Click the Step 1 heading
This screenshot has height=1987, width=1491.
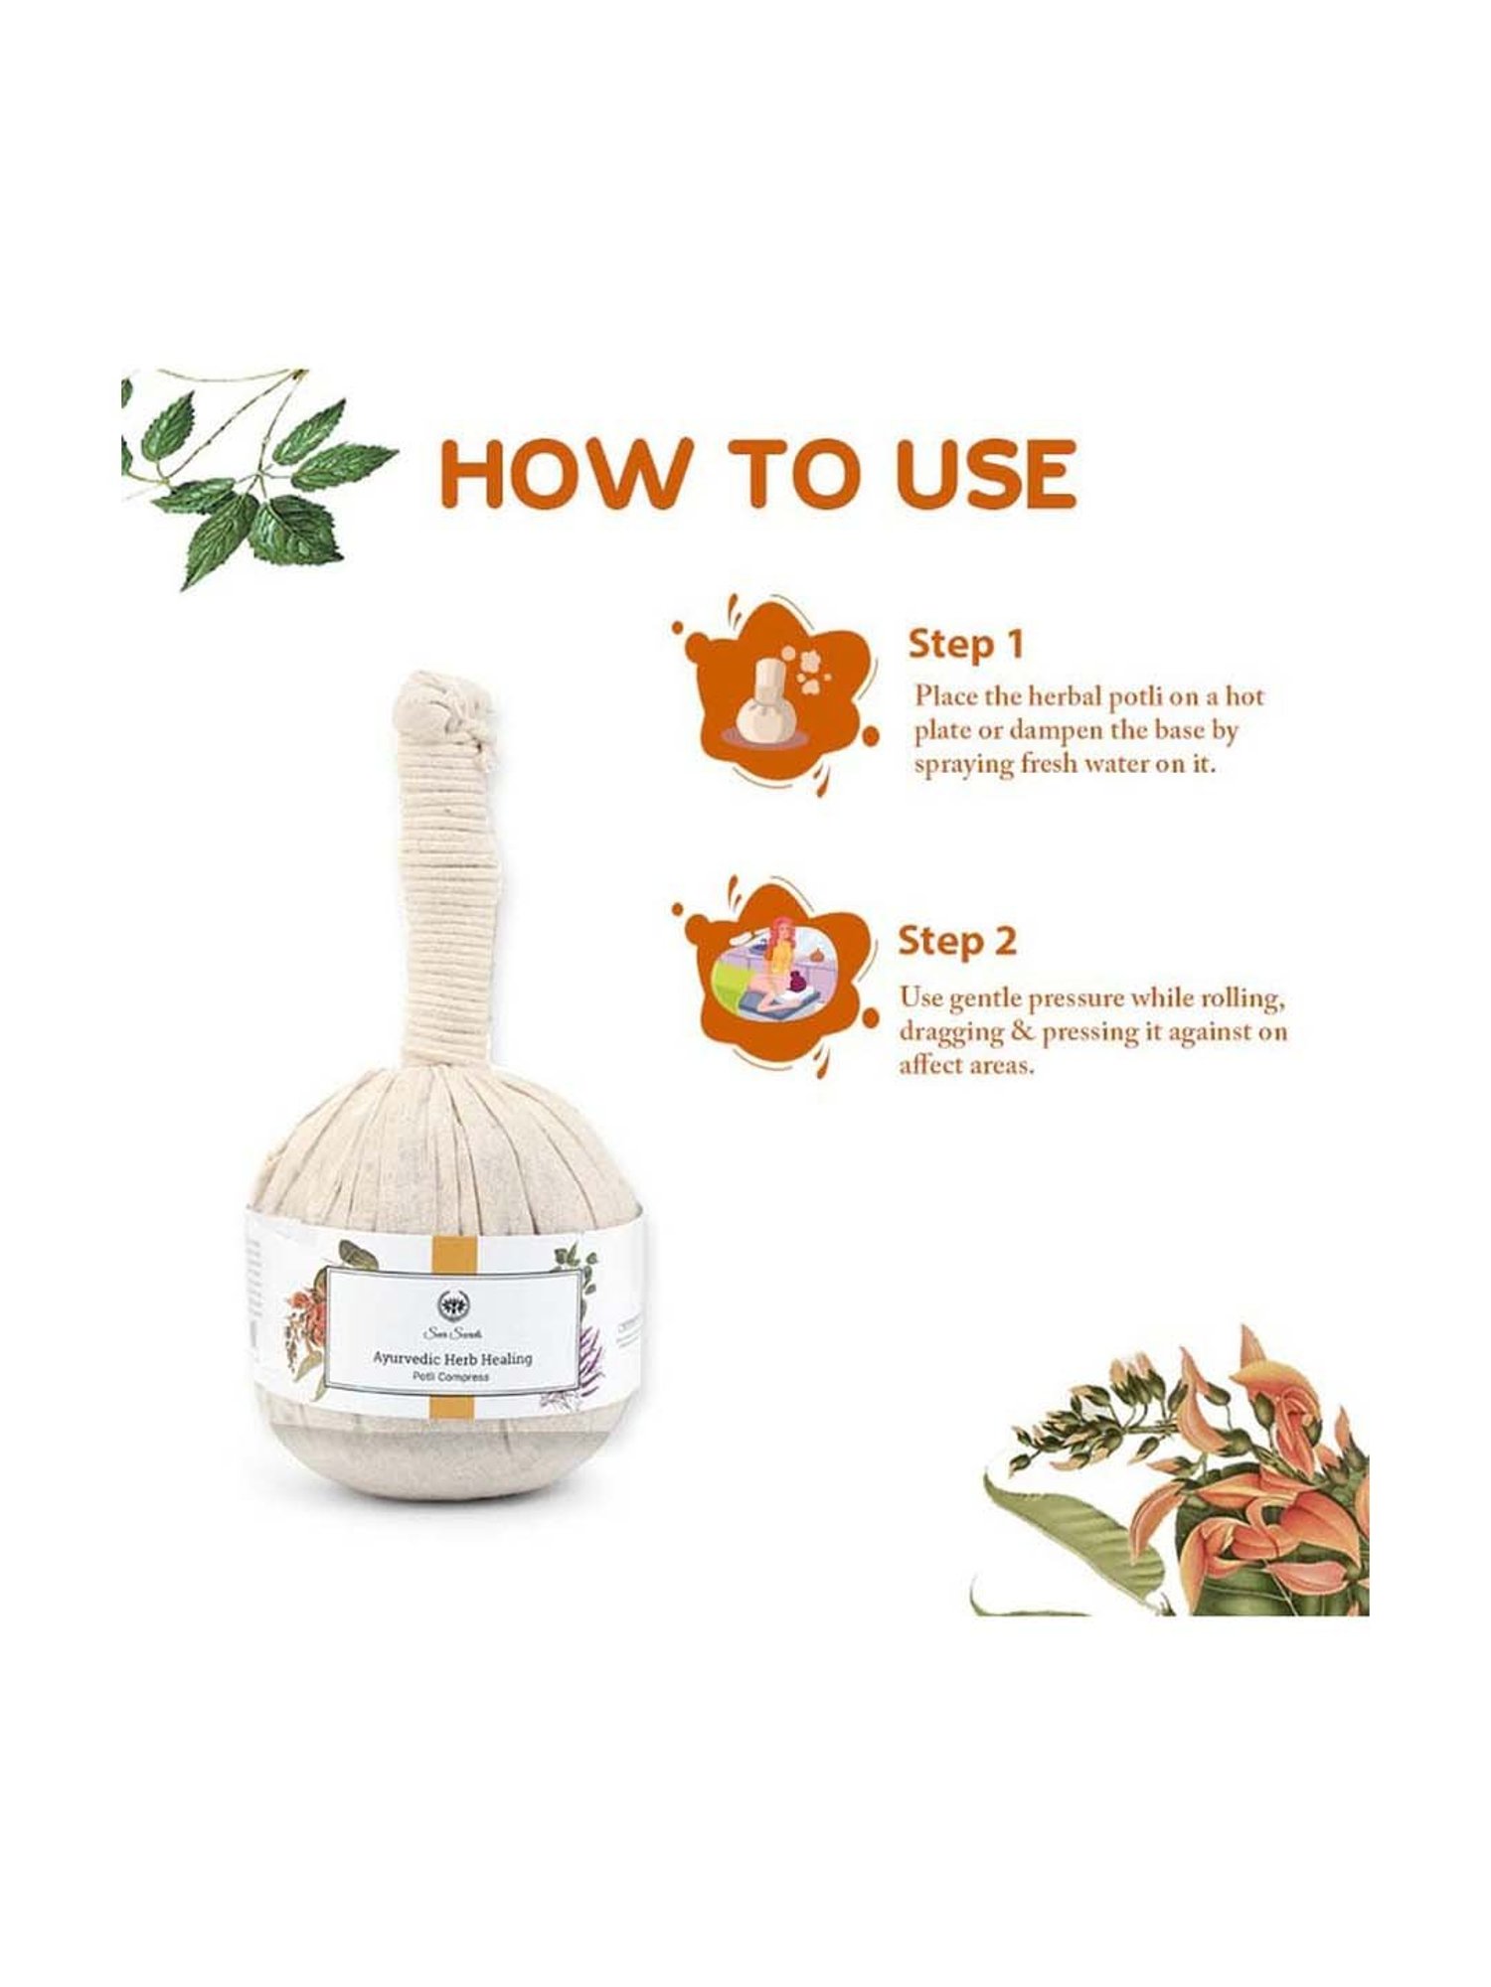(964, 645)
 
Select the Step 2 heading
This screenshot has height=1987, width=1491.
(956, 941)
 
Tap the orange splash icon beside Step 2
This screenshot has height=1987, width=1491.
(775, 974)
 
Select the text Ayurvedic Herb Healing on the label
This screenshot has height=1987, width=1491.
(452, 1357)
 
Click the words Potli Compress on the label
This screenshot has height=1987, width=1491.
(452, 1377)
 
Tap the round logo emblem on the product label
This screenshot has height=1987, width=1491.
(452, 1302)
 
